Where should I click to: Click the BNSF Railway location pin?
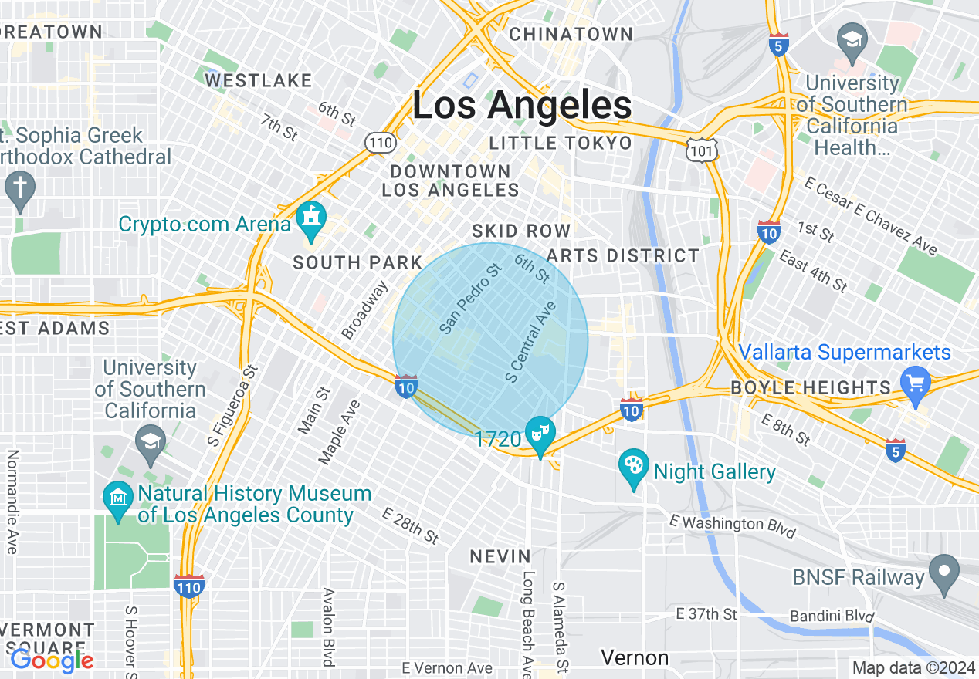(x=943, y=573)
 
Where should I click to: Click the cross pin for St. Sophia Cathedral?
(x=20, y=190)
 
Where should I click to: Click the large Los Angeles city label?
(x=522, y=105)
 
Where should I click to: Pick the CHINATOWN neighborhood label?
(x=571, y=35)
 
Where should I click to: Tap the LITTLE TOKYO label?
(x=561, y=143)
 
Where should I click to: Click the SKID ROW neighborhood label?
(x=521, y=231)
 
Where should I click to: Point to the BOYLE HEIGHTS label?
(x=811, y=387)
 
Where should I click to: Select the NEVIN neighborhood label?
(x=501, y=556)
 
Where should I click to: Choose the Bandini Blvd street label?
(x=832, y=617)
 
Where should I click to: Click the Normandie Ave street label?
(x=12, y=502)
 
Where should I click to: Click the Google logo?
(x=52, y=660)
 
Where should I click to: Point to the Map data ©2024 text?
(x=913, y=667)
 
